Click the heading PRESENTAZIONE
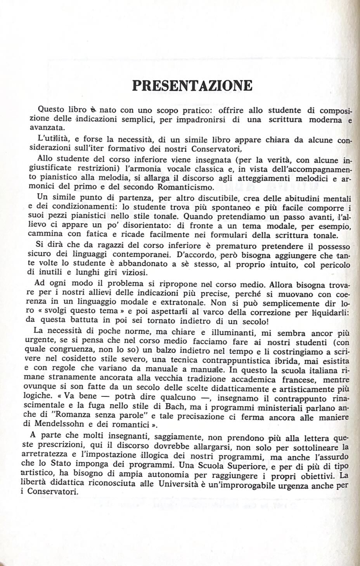click(192, 85)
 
